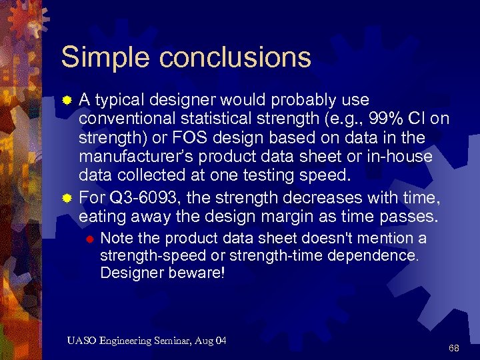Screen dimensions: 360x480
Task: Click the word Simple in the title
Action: tap(99, 57)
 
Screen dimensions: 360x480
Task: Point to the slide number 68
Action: tap(454, 349)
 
